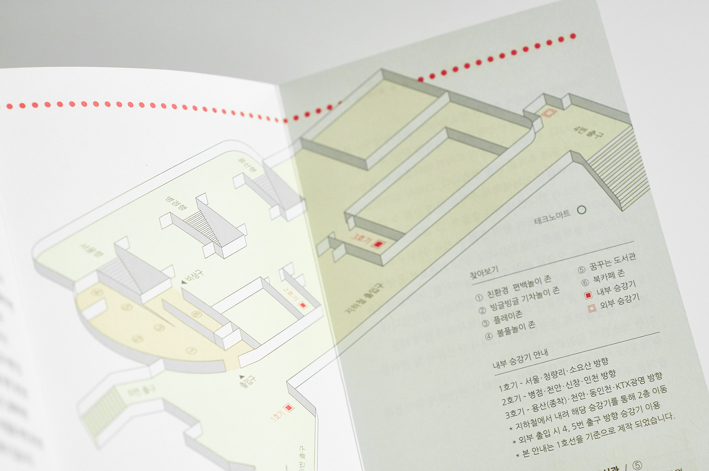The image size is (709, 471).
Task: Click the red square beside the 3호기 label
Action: (378, 244)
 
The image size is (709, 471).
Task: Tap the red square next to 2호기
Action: (303, 305)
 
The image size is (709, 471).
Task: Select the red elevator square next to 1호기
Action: (289, 408)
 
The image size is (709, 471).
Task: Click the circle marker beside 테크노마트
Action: (582, 210)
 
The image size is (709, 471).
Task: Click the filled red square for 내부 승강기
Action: (588, 295)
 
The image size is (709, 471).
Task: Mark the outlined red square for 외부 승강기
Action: (592, 308)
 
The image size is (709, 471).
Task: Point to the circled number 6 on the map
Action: (196, 314)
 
